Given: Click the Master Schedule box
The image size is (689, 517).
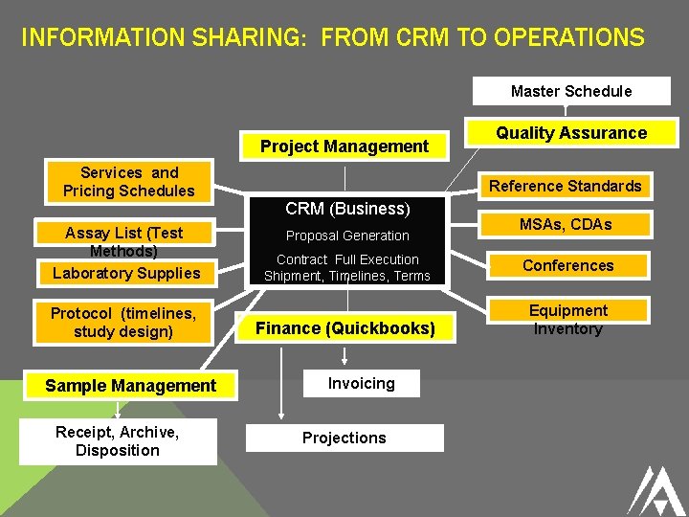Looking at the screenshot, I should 571,91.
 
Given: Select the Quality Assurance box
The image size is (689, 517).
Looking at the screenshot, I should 571,133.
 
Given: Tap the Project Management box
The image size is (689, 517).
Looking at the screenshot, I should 344,146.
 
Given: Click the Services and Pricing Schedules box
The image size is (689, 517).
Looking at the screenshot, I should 128,182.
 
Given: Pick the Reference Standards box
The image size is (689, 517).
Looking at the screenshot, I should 566,186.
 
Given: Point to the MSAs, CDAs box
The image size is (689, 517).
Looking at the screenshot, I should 566,224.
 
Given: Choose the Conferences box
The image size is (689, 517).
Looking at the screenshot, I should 567,265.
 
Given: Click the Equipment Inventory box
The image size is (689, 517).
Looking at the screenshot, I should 567,320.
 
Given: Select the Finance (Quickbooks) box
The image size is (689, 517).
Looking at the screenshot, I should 344,328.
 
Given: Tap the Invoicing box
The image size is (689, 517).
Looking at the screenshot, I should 361,383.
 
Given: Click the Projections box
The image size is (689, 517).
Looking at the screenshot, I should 344,438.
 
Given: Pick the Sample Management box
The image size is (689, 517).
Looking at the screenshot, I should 130,386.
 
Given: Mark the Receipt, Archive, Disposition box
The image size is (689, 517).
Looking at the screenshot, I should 118,441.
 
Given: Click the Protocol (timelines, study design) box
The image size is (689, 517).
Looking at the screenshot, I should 123,323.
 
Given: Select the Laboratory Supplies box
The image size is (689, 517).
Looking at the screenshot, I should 126,273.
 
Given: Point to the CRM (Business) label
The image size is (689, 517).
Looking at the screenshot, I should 347,209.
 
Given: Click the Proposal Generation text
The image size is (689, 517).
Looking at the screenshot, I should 347,236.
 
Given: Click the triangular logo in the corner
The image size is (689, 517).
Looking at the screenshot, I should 655,489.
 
